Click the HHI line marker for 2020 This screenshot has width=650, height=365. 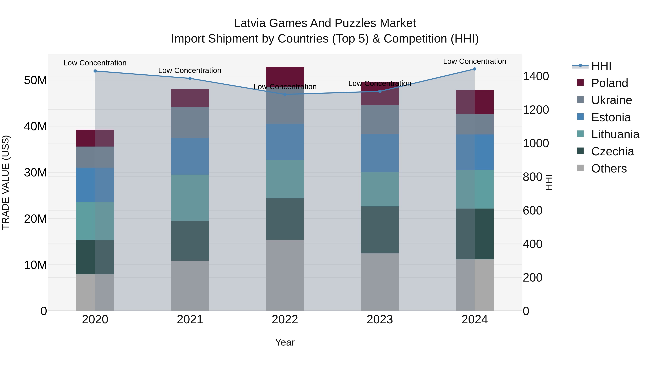(95, 71)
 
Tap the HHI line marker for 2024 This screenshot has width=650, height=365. (475, 69)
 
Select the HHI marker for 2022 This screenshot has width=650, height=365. (285, 94)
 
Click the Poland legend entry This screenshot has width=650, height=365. (609, 83)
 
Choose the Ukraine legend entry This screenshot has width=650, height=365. (611, 100)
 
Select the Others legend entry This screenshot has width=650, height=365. (609, 169)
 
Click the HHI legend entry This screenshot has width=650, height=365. (601, 66)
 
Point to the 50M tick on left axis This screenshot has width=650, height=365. (35, 80)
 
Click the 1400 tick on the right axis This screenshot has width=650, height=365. (536, 76)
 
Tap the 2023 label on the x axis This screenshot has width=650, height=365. (380, 320)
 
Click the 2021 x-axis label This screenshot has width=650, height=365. (190, 320)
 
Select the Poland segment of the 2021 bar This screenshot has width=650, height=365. (190, 98)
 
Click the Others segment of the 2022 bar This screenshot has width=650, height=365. (285, 275)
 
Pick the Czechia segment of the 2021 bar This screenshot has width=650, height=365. (190, 241)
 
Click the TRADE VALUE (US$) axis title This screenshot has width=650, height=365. (6, 182)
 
